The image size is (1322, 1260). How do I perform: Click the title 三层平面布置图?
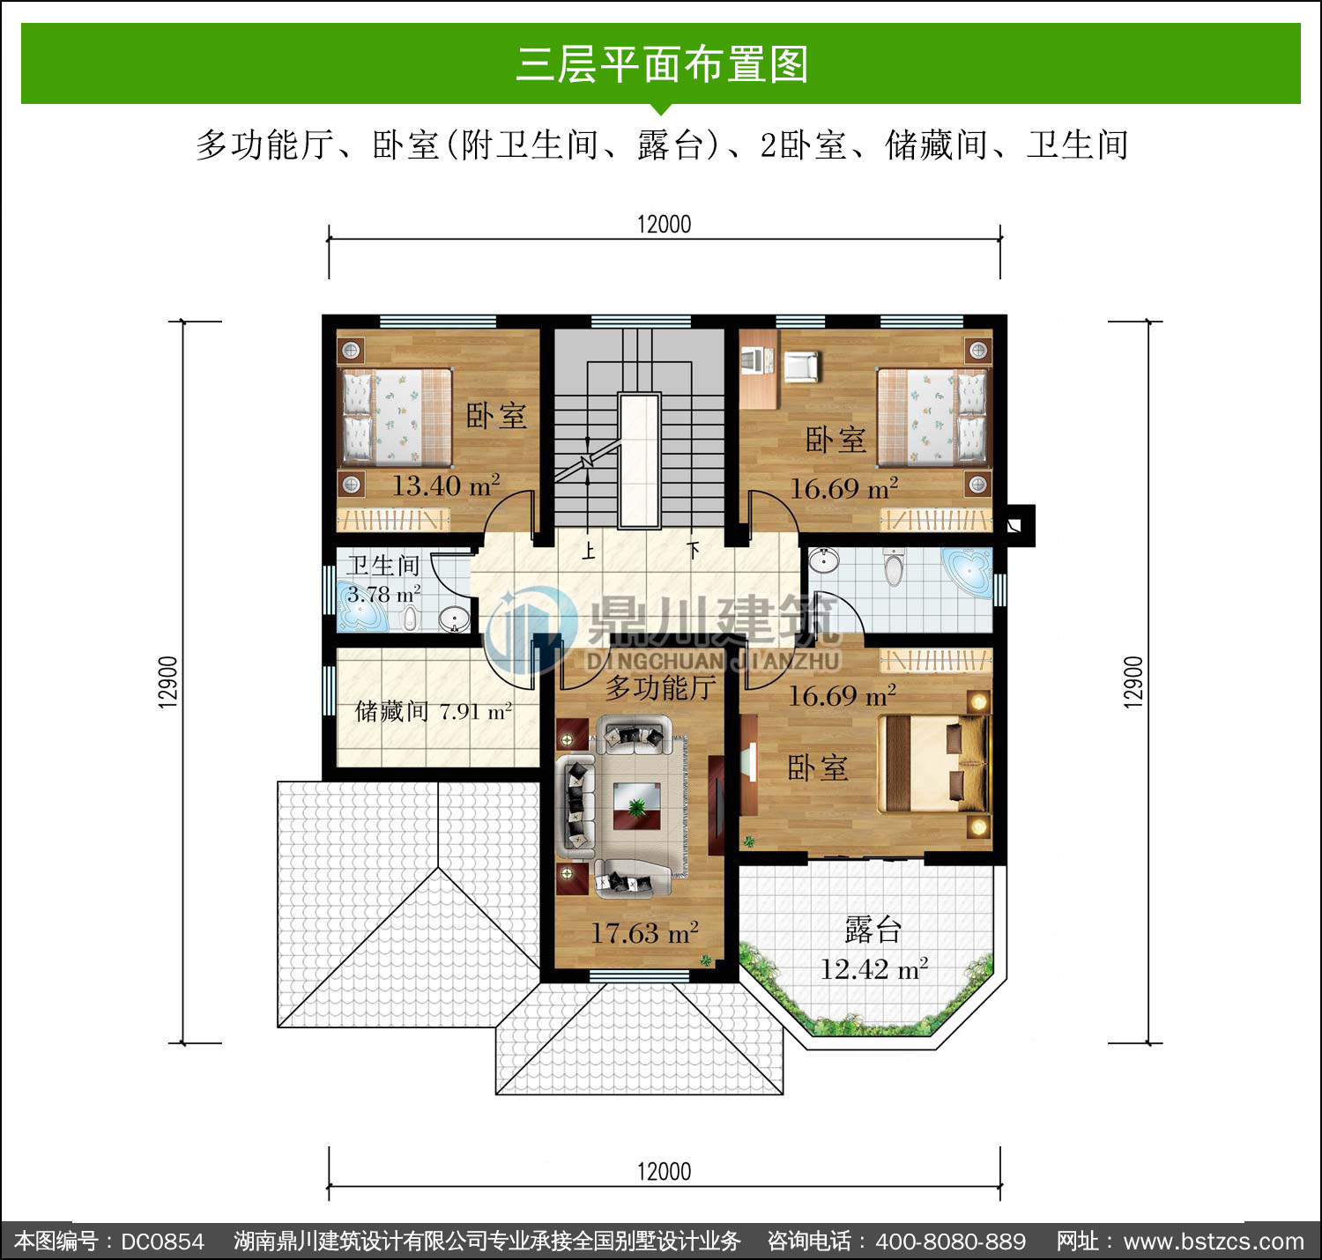pyautogui.click(x=662, y=64)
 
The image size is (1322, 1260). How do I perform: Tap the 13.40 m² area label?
pyautogui.click(x=446, y=485)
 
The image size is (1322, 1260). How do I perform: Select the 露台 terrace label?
pyautogui.click(x=873, y=930)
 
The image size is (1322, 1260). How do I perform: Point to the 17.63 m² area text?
pyautogui.click(x=644, y=932)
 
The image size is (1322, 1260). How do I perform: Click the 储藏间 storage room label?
pyautogui.click(x=391, y=711)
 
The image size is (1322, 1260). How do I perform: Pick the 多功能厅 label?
pyautogui.click(x=661, y=688)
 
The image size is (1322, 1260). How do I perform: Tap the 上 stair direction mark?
pyautogui.click(x=589, y=552)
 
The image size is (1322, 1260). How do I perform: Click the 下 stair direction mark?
pyautogui.click(x=694, y=550)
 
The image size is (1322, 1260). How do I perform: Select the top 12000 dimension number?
pyautogui.click(x=665, y=224)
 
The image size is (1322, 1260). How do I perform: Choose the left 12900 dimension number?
pyautogui.click(x=168, y=682)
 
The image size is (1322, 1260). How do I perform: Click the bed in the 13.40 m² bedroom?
pyautogui.click(x=396, y=417)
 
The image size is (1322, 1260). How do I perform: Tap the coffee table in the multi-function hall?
pyautogui.click(x=636, y=805)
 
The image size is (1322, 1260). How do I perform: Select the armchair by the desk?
pyautogui.click(x=801, y=367)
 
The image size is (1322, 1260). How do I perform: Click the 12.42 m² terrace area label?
pyautogui.click(x=873, y=969)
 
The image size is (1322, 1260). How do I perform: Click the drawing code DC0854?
pyautogui.click(x=162, y=1241)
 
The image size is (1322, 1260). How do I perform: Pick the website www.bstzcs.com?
pyautogui.click(x=1214, y=1241)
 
